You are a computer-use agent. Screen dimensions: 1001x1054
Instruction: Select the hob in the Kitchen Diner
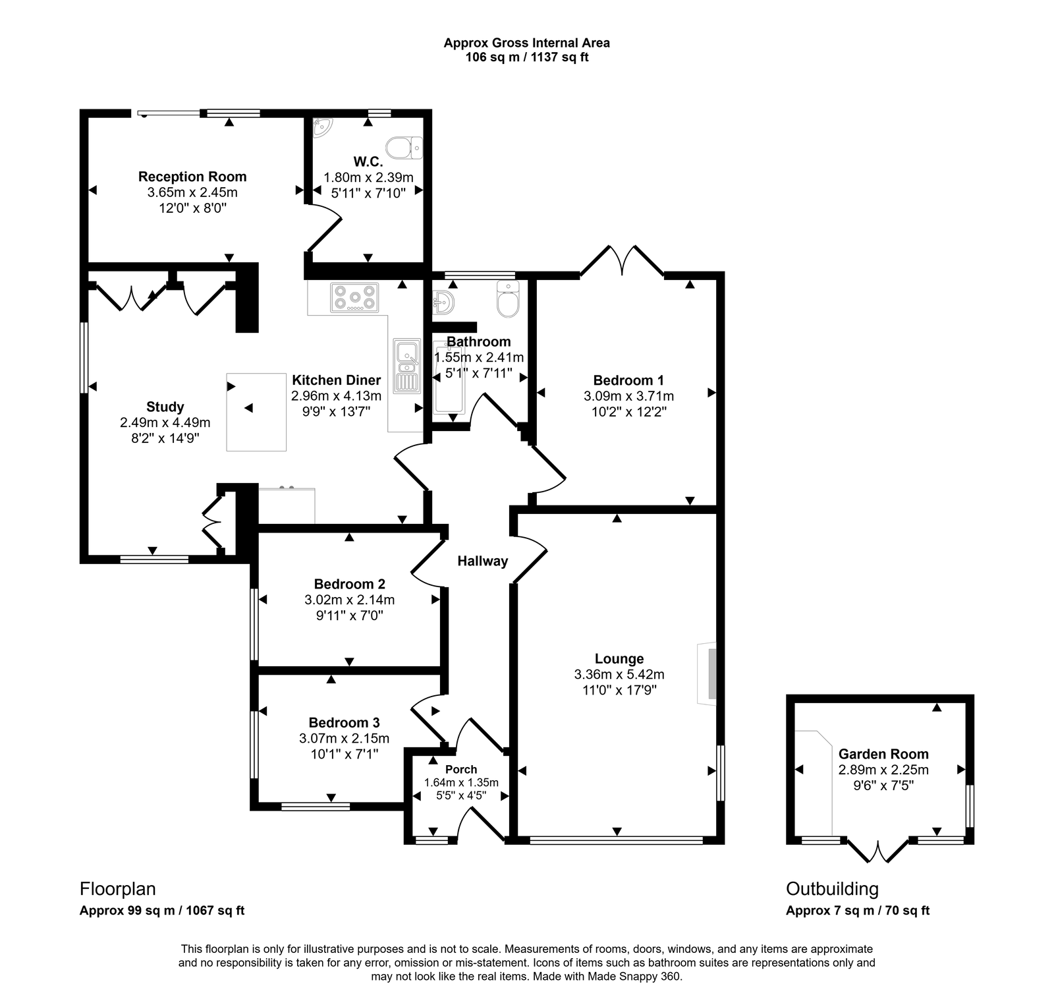tap(355, 297)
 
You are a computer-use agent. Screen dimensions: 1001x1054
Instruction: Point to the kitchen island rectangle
tap(256, 412)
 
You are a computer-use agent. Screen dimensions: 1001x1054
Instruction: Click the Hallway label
tap(483, 561)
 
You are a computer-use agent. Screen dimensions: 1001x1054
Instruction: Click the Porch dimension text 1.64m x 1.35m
tap(461, 782)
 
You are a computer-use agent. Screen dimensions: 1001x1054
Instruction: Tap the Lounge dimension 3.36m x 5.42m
tap(619, 674)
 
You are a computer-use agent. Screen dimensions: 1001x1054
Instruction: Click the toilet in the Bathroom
tap(509, 300)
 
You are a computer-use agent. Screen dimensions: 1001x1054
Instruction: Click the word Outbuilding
tap(832, 889)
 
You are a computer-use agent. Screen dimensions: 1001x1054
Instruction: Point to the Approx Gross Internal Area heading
tap(526, 43)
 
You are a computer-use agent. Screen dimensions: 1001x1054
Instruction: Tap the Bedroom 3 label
tap(344, 722)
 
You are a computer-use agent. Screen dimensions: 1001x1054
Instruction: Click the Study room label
tap(165, 407)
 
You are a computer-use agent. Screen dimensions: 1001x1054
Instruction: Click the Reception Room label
tap(192, 177)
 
